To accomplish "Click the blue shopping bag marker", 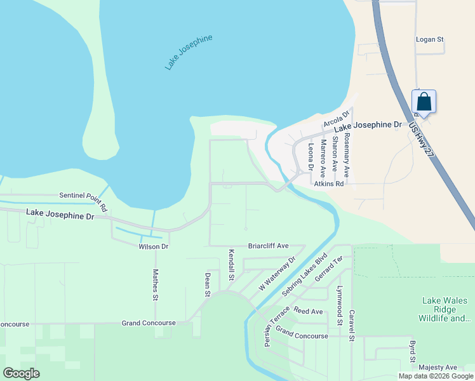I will (x=424, y=102).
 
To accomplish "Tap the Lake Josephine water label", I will (x=188, y=52).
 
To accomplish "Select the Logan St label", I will (x=429, y=39).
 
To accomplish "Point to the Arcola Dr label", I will (x=337, y=117).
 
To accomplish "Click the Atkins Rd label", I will (x=327, y=184).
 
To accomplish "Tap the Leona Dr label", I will (x=311, y=157).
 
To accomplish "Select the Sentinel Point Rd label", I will (x=83, y=199).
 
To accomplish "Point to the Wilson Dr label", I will (x=153, y=246).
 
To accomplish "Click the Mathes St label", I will (x=155, y=284).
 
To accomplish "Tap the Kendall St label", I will (x=231, y=265).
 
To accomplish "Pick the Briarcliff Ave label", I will (x=268, y=246).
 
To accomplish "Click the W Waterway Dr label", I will (x=278, y=274).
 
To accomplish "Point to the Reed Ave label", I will (x=308, y=311).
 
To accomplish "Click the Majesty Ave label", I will (x=438, y=367).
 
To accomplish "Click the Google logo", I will (x=22, y=373).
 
